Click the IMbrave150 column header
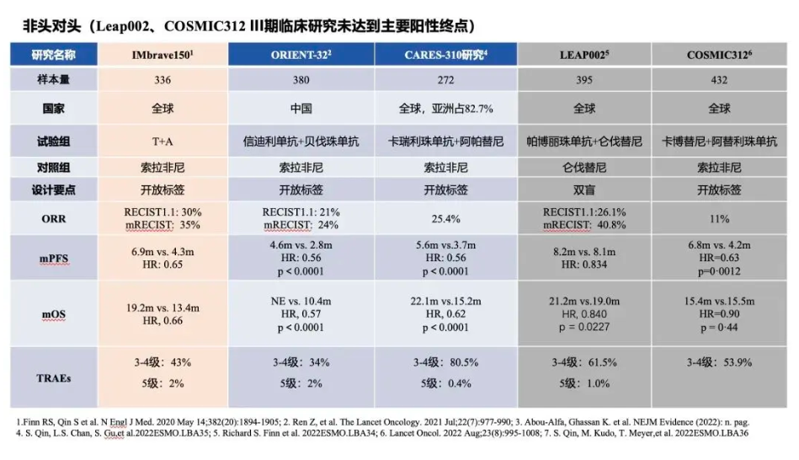click(162, 56)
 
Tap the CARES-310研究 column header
click(445, 56)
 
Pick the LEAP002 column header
click(583, 56)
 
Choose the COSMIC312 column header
click(718, 56)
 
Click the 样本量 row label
click(54, 80)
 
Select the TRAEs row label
click(54, 377)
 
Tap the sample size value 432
click(718, 80)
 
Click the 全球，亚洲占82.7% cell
click(445, 109)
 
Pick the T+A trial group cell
click(162, 141)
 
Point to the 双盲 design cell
click(583, 190)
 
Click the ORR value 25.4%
click(445, 218)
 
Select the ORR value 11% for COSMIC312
click(718, 218)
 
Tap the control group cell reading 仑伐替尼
click(583, 167)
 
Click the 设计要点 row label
click(54, 190)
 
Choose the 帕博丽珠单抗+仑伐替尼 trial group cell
click(583, 141)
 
